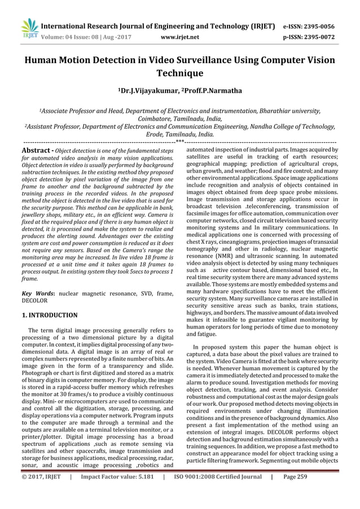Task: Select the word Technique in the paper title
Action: (x=179, y=73)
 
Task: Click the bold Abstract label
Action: (x=38, y=152)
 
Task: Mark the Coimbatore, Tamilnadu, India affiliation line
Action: (x=179, y=119)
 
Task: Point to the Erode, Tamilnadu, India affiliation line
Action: (x=179, y=135)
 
